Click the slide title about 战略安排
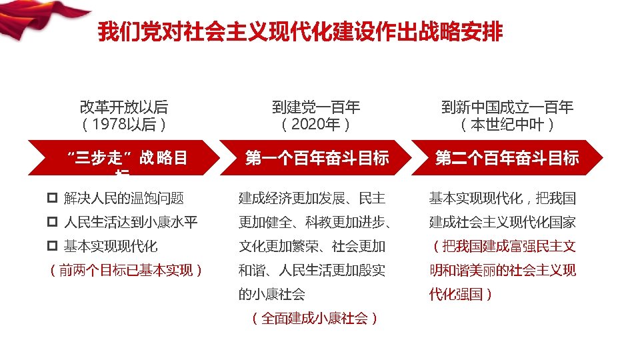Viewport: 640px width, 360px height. coord(300,32)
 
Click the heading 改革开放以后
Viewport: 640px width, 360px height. coord(124,107)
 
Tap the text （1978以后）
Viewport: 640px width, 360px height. coord(124,125)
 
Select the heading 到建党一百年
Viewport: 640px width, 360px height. coord(316,107)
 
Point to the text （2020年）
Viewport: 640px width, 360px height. coord(316,125)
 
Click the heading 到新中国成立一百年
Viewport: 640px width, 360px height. coord(507,107)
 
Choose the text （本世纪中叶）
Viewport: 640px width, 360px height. coord(507,125)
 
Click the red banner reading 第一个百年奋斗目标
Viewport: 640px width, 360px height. coord(317,158)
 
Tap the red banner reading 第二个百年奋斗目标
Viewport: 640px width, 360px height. coord(507,158)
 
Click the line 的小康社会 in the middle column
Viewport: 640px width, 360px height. coord(272,294)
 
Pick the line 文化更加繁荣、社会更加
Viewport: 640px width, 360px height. coord(312,246)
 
